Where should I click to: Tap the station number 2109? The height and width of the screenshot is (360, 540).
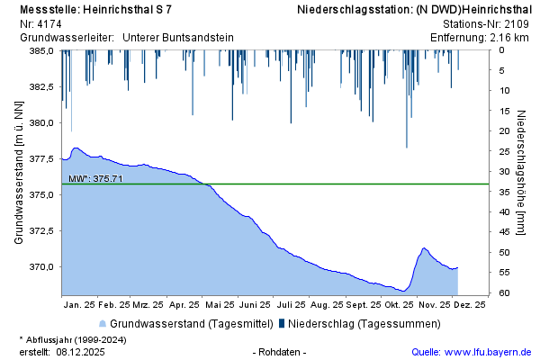pyautogui.click(x=520, y=23)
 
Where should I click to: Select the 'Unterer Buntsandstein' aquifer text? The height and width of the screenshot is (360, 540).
pyautogui.click(x=178, y=38)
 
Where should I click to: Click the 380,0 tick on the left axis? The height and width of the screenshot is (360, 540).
pyautogui.click(x=41, y=123)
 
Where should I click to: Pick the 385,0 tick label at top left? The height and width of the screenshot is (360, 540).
pyautogui.click(x=41, y=51)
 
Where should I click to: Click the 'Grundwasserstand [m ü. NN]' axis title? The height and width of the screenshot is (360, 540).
pyautogui.click(x=18, y=173)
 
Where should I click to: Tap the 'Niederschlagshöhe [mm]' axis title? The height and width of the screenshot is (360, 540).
pyautogui.click(x=521, y=173)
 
